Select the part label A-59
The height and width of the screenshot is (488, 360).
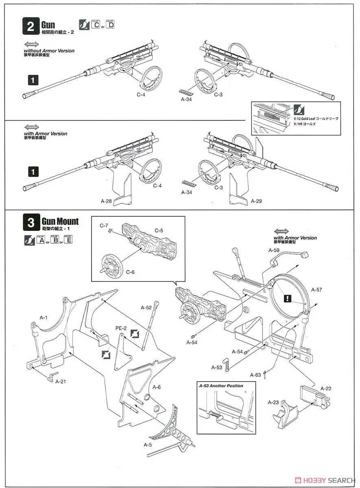[274, 251]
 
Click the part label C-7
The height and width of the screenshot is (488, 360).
[104, 225]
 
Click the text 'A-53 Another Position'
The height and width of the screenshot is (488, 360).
[221, 386]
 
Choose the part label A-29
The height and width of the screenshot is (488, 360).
[256, 201]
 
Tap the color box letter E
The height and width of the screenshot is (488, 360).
[68, 240]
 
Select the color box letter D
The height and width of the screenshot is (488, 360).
[110, 25]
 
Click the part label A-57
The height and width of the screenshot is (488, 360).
[316, 290]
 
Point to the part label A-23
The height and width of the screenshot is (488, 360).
[273, 402]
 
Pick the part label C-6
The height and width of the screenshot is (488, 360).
[130, 272]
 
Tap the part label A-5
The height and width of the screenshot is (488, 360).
[148, 444]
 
